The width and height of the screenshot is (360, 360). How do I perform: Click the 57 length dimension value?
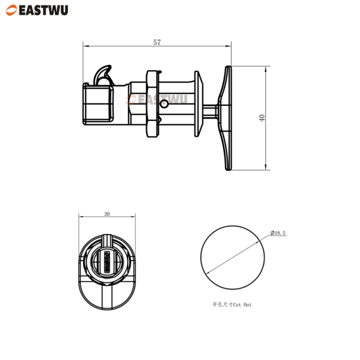pos(157,42)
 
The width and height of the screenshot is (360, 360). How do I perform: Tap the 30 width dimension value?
pos(107,214)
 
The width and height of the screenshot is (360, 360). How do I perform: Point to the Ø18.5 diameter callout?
pos(278,233)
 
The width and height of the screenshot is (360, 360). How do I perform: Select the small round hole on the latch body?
pos(163,105)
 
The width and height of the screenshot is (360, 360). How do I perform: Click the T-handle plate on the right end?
pos(227,118)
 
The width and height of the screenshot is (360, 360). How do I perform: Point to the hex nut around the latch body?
pos(152,104)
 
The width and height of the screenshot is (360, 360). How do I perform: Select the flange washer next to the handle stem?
pos(197,104)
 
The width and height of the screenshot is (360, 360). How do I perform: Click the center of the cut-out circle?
pos(232,258)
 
